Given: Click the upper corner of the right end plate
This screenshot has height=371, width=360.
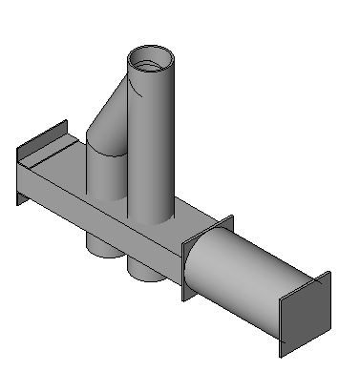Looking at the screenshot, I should tap(328, 274).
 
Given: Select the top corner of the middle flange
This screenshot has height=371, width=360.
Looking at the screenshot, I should tap(232, 218).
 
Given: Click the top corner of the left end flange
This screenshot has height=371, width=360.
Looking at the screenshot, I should tap(67, 121).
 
